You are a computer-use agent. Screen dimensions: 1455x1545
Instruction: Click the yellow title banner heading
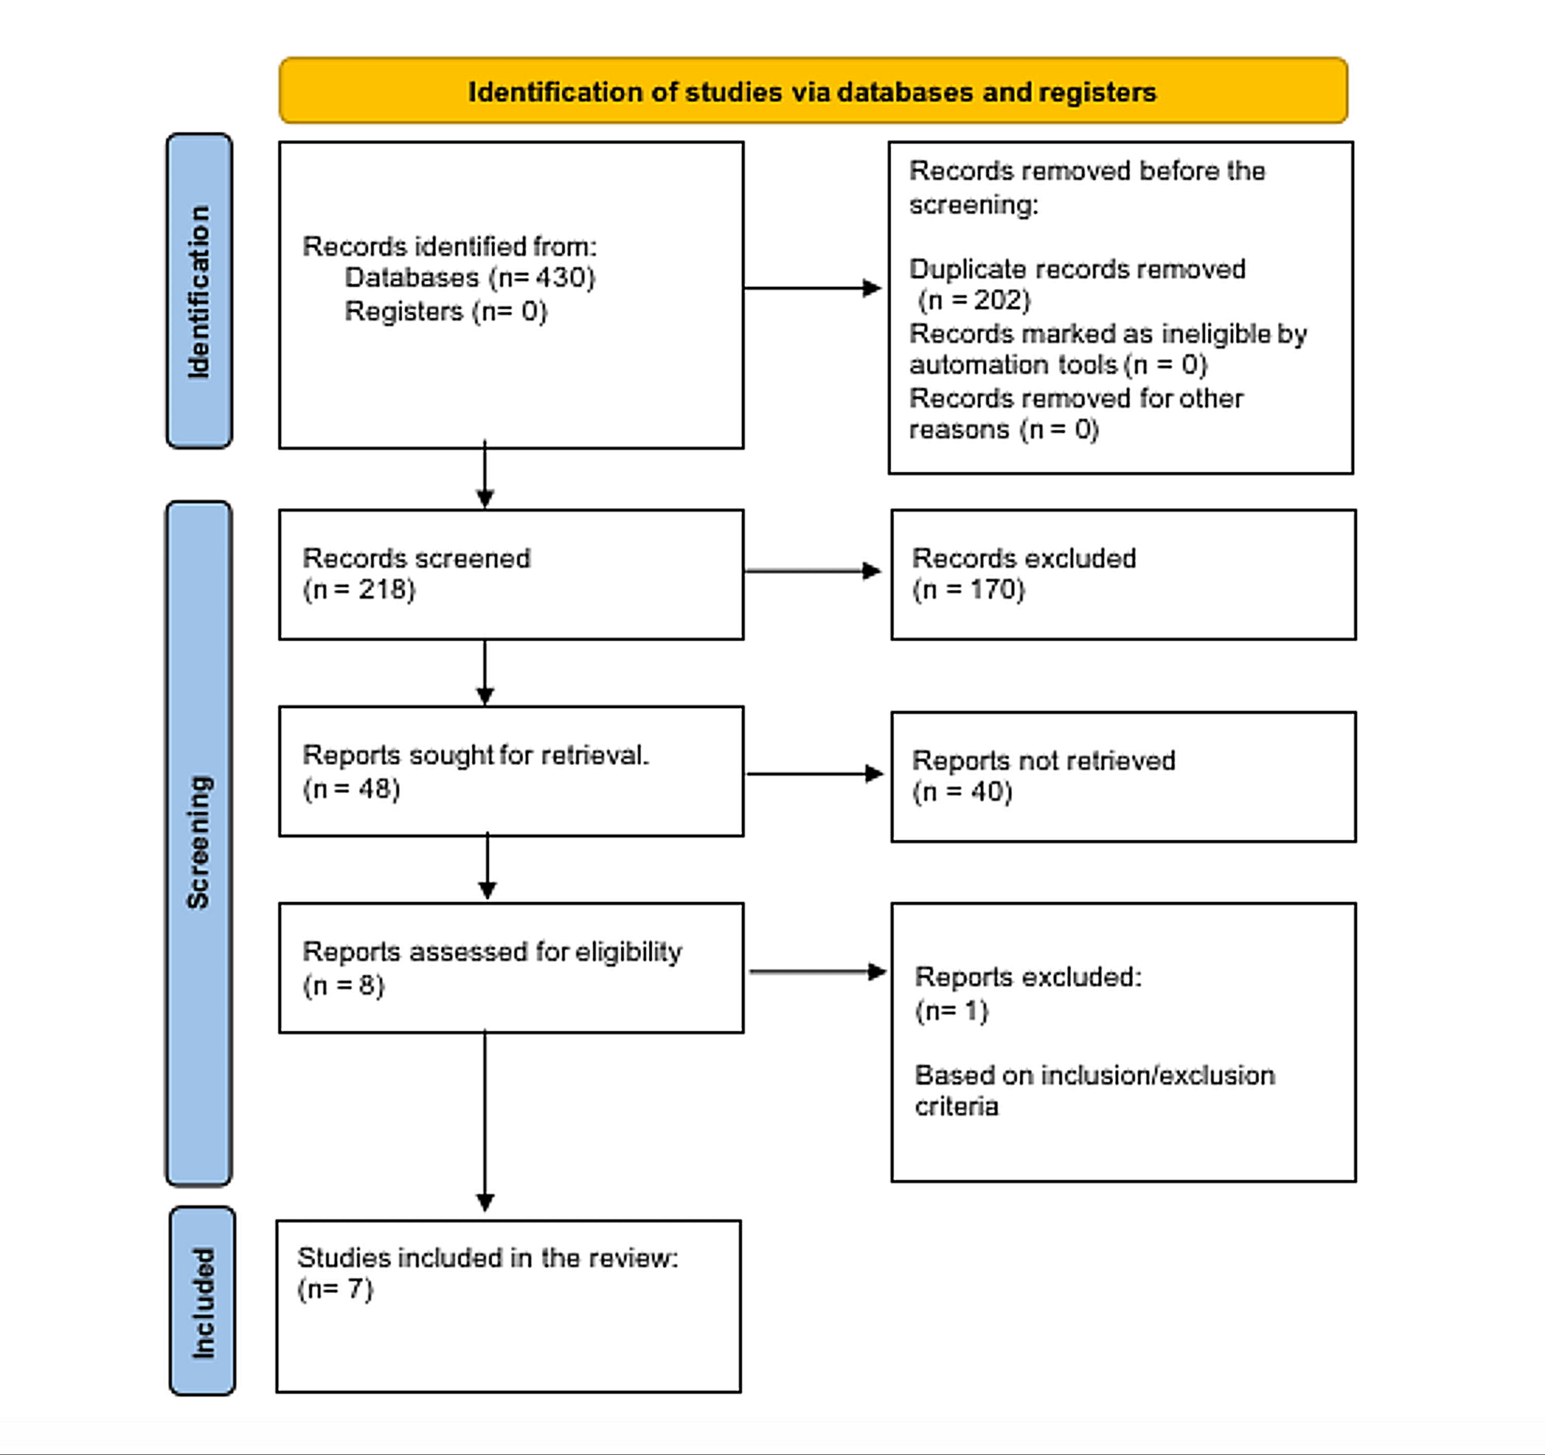tap(812, 92)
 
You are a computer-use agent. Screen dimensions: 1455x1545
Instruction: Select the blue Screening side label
tap(199, 843)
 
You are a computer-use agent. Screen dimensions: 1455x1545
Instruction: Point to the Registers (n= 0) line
tap(445, 312)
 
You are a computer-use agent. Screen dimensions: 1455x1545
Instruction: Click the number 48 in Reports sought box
tap(374, 789)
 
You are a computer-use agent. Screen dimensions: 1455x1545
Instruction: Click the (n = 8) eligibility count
tap(344, 986)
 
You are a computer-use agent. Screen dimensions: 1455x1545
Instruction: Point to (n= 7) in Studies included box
tap(335, 1289)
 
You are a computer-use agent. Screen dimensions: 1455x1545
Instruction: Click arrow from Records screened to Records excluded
tap(812, 571)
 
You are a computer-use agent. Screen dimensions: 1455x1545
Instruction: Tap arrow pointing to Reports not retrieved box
tap(814, 774)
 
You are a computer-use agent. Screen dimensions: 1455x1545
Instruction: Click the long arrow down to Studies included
tap(485, 1119)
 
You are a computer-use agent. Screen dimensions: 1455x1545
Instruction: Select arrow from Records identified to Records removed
tap(812, 288)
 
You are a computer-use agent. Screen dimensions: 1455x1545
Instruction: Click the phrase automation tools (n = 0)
tap(1058, 365)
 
